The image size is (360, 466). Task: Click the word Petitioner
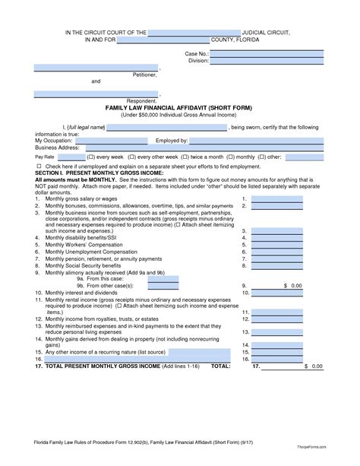[144, 74]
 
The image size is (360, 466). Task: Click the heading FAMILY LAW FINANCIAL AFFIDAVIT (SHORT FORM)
[180, 107]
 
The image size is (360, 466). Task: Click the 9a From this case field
[163, 278]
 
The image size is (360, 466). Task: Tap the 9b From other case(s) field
[163, 285]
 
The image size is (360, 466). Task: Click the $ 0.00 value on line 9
[292, 285]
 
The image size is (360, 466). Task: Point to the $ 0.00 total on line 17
[312, 366]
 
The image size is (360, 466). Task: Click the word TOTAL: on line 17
[220, 366]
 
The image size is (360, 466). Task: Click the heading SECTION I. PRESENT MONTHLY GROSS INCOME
[96, 173]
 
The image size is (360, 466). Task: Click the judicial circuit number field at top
[194, 33]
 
